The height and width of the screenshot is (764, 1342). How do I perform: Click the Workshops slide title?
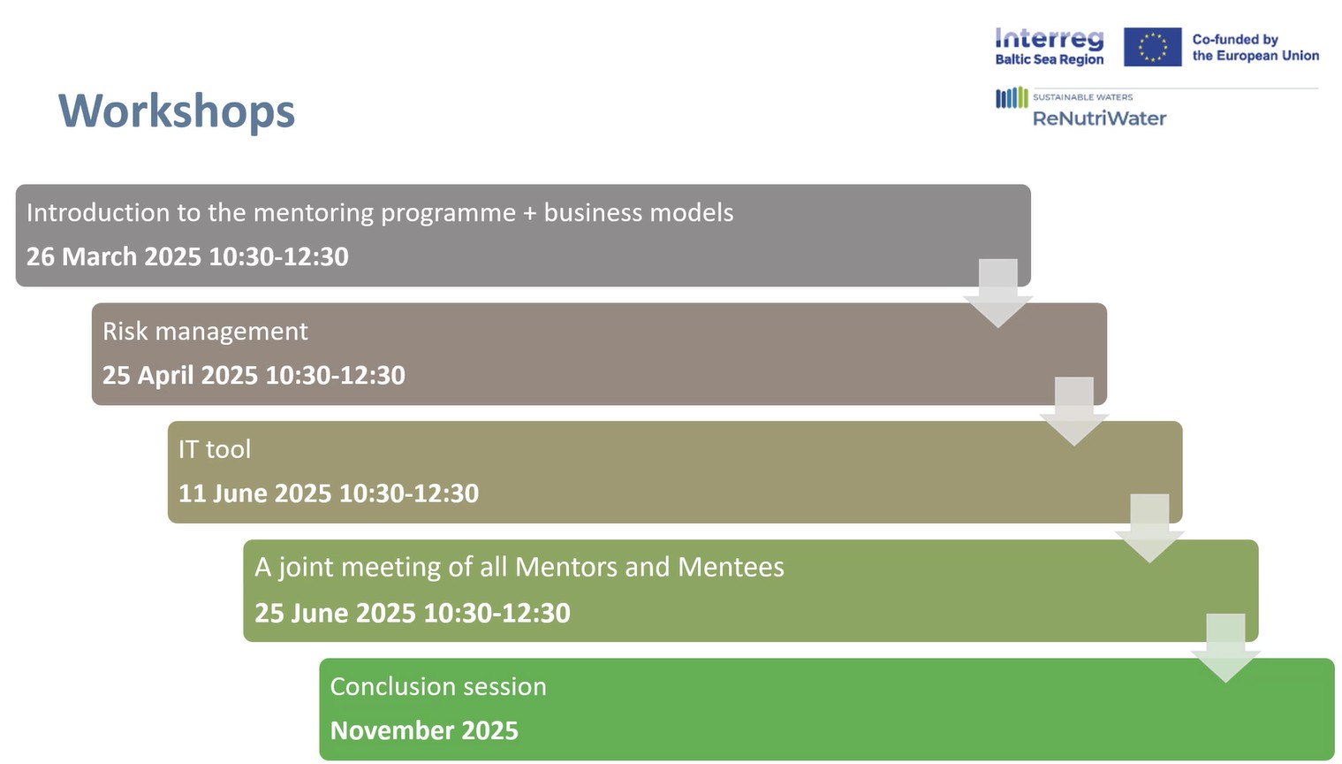coord(177,111)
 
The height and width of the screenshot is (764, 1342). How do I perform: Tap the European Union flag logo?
coord(1153,47)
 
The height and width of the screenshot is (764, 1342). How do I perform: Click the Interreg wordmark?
coord(1050,39)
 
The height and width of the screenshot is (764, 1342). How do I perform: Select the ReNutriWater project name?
coord(1099,118)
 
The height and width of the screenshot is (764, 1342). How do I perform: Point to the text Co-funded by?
coord(1235,40)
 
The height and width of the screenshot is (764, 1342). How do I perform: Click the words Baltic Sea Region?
coord(1050,59)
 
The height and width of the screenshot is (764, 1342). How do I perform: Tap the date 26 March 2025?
coord(114,256)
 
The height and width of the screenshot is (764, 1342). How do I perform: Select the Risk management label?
coord(205,332)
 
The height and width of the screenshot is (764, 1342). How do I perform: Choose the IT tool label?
coord(215,449)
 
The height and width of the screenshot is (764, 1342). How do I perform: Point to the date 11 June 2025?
coord(254,493)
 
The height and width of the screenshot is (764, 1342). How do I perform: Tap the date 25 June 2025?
coord(335,613)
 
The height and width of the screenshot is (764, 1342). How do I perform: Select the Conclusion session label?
coord(438,687)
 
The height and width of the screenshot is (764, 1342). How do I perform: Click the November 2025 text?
coord(424,730)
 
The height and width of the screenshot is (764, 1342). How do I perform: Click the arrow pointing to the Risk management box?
coord(998,293)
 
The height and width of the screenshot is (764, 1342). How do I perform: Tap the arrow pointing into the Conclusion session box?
coord(1225,647)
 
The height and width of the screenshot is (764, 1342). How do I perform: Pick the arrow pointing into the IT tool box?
coord(1074,411)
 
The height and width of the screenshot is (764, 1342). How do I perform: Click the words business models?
coord(639,213)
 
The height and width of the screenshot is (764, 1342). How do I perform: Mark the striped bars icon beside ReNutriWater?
coord(1012,98)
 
